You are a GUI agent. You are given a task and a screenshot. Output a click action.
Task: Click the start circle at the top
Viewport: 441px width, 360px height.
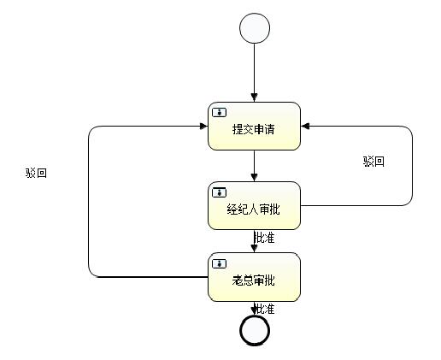(255, 28)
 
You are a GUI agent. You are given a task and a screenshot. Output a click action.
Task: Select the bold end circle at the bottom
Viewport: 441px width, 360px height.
(255, 329)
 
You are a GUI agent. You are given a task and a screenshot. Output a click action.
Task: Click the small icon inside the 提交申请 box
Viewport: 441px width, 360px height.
(220, 112)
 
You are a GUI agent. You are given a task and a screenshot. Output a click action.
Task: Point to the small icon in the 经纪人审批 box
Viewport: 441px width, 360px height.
(220, 191)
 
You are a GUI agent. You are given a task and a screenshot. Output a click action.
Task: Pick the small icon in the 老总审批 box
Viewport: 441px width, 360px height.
(220, 263)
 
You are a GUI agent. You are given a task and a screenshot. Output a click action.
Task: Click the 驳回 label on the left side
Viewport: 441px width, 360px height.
(37, 173)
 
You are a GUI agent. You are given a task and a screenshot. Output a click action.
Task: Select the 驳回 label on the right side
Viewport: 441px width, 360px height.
(373, 162)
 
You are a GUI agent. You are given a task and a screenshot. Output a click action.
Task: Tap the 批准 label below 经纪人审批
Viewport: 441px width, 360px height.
(264, 238)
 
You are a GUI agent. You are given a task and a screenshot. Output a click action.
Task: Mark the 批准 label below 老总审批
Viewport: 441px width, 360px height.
(264, 309)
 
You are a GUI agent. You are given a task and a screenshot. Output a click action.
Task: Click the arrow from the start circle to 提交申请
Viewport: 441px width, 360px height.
(255, 73)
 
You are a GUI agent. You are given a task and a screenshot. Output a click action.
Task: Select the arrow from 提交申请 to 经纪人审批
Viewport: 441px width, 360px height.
(255, 166)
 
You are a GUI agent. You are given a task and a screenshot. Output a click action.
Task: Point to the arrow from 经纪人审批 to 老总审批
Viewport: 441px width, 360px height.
(255, 241)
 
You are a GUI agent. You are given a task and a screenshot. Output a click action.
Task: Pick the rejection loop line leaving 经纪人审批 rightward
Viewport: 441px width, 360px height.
(412, 171)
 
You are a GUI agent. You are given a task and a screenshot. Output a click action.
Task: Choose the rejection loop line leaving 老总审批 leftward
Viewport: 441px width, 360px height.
(90, 205)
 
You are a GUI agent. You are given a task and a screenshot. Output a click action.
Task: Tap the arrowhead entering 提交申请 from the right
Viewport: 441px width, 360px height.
(306, 127)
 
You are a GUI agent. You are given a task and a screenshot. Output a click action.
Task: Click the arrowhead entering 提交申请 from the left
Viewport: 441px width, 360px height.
(203, 127)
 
